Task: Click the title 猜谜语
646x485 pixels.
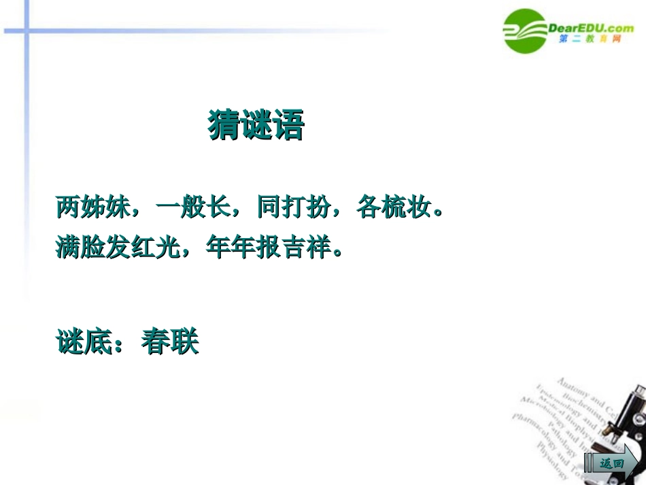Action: point(256,125)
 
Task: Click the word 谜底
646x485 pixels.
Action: point(83,341)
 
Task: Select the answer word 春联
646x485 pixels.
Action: point(170,341)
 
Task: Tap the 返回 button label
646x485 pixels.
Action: point(611,463)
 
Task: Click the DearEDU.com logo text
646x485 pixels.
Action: point(590,28)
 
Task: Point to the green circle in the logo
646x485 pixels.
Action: point(525,31)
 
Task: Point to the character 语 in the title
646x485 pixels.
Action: point(288,125)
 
